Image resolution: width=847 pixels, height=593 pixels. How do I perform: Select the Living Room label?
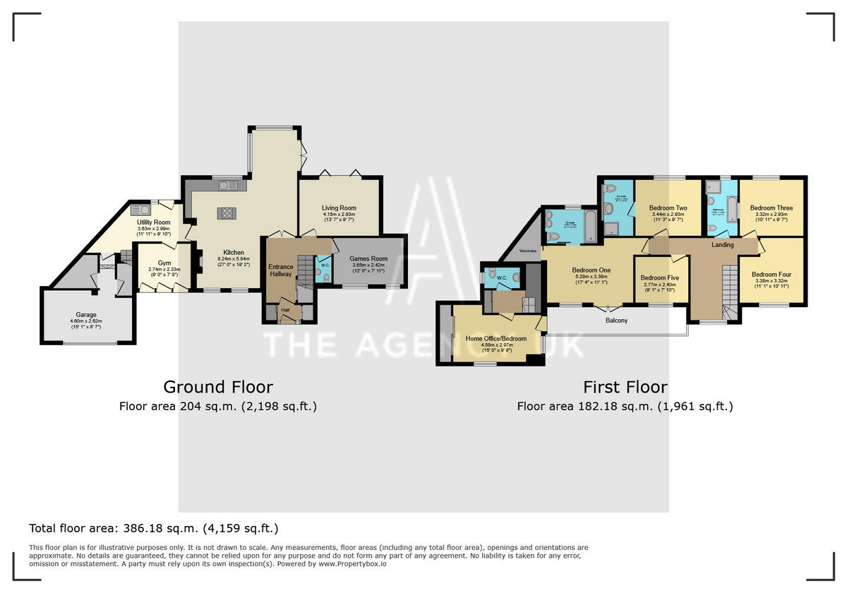339,208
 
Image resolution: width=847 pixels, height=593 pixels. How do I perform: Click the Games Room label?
370,258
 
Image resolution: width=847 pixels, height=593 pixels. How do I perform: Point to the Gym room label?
164,262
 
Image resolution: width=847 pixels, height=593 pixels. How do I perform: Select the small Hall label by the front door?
285,309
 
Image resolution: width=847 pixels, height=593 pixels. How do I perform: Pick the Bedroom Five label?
660,278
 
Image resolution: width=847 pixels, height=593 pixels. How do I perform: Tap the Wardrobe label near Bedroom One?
529,251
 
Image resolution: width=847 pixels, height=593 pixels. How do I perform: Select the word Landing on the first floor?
722,245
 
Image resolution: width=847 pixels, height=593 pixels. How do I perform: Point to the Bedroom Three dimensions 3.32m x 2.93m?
771,215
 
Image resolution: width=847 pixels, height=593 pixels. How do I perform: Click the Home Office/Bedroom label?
496,339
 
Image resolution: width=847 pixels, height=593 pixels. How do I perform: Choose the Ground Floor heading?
218,387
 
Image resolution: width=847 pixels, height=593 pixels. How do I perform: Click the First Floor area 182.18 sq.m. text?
625,406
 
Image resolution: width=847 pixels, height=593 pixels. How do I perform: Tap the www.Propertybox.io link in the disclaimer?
352,564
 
